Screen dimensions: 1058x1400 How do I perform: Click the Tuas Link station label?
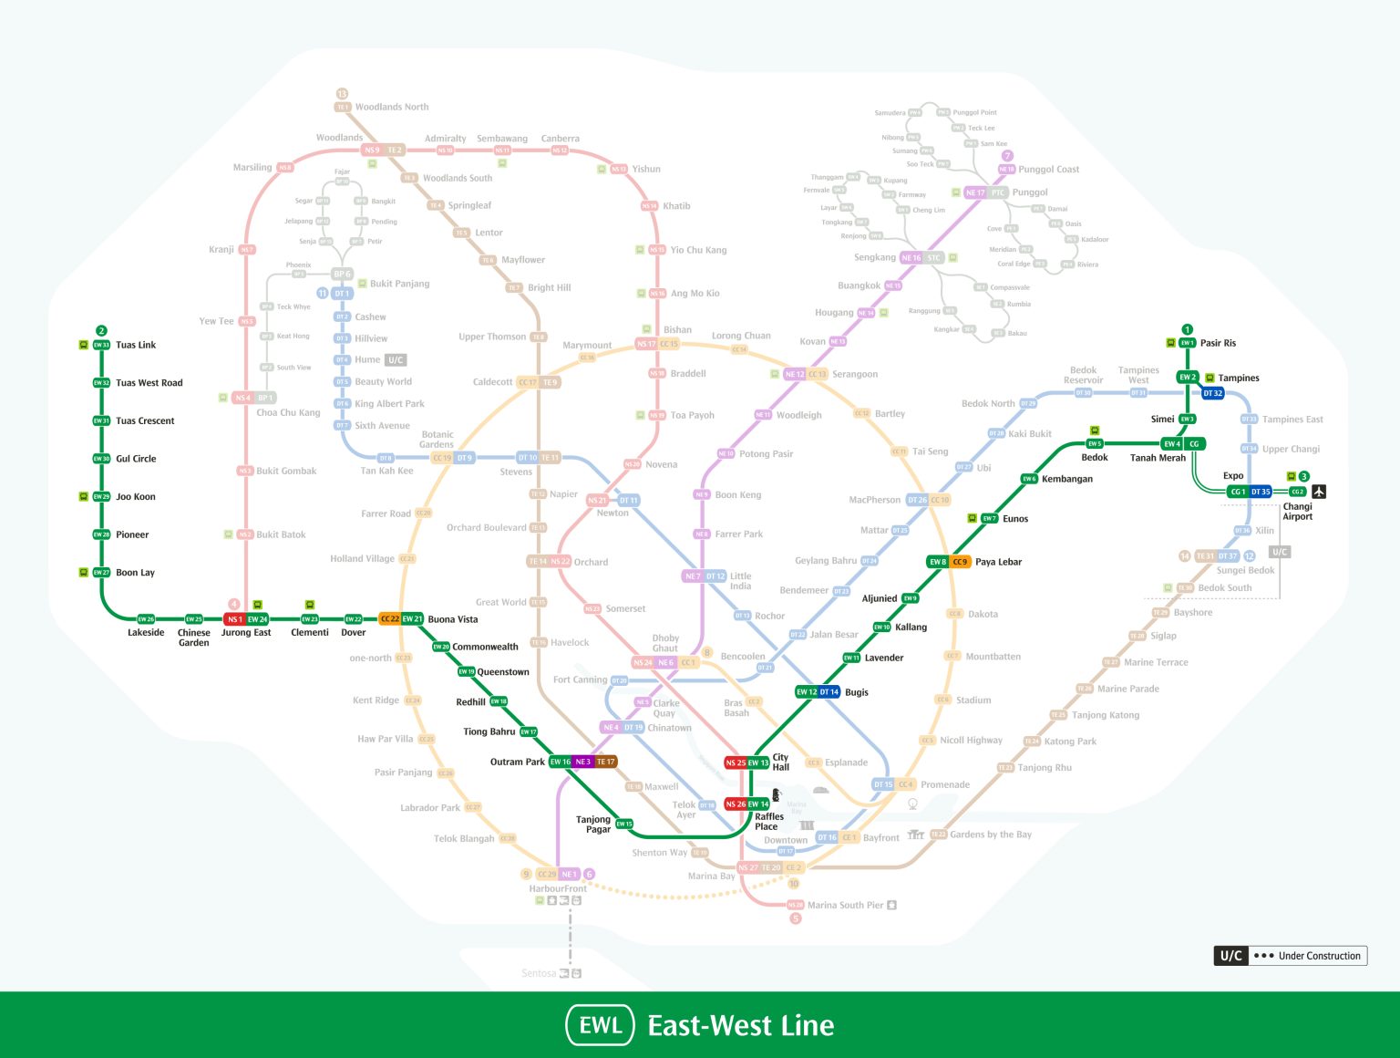pyautogui.click(x=136, y=345)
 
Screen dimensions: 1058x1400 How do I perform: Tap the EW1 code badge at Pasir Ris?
pyautogui.click(x=1187, y=343)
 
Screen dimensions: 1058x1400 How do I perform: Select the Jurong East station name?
pyautogui.click(x=246, y=633)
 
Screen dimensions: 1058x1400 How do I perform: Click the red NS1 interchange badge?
pyautogui.click(x=234, y=619)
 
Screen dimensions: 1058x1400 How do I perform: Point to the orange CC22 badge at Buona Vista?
pyautogui.click(x=389, y=619)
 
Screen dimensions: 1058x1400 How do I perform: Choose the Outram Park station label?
pyautogui.click(x=517, y=762)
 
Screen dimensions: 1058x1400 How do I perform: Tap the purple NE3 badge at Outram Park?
pyautogui.click(x=583, y=762)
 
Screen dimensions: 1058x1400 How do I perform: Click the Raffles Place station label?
pyautogui.click(x=768, y=822)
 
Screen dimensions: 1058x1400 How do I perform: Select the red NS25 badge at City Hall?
pyautogui.click(x=736, y=762)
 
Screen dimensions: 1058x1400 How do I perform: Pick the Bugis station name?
pyautogui.click(x=857, y=692)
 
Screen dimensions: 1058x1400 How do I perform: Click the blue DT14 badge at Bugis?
pyautogui.click(x=829, y=692)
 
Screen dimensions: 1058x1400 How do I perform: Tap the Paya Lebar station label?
pyautogui.click(x=998, y=562)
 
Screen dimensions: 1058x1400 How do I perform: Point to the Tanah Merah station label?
pyautogui.click(x=1158, y=458)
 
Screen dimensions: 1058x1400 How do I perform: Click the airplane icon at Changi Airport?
pyautogui.click(x=1319, y=492)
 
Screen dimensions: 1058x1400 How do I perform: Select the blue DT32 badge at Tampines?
pyautogui.click(x=1212, y=394)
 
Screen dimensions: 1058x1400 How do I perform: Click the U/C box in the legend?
pyautogui.click(x=1230, y=956)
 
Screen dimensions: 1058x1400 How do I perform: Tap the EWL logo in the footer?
pyautogui.click(x=600, y=1025)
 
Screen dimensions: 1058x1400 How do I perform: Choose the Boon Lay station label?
pyautogui.click(x=135, y=573)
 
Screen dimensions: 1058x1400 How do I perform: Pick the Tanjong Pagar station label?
pyautogui.click(x=593, y=825)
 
